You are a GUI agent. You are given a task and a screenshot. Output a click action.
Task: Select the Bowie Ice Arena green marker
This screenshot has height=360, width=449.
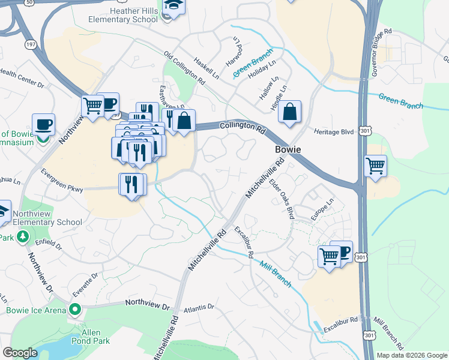tap(74, 310)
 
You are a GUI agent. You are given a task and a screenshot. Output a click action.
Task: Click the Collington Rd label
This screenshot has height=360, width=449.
tap(243, 127)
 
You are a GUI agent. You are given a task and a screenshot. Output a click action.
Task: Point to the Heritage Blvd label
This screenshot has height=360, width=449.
tap(334, 131)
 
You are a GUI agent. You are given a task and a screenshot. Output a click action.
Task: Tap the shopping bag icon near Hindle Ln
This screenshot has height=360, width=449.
tap(289, 112)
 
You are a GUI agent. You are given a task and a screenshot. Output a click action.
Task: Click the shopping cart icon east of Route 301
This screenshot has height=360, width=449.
tap(375, 166)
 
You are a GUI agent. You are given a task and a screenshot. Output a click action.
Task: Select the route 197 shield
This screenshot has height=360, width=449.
tap(31, 44)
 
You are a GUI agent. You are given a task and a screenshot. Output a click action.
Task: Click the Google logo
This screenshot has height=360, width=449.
tap(20, 353)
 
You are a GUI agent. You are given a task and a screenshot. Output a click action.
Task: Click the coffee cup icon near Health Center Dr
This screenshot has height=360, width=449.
tap(43, 125)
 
